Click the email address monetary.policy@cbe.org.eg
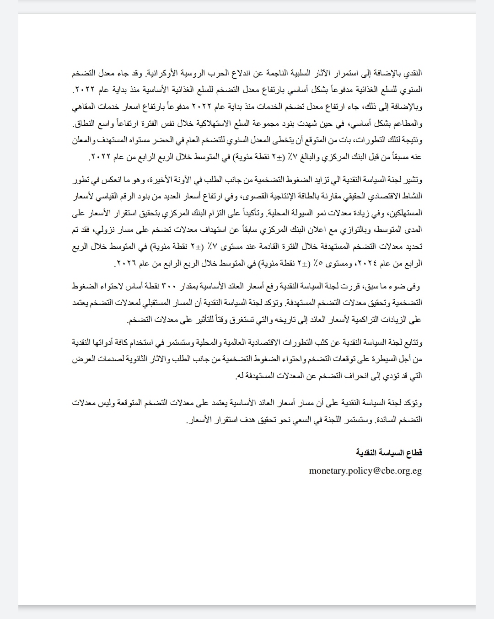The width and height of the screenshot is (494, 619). pos(365,470)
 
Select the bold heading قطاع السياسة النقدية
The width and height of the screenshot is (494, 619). pos(389,453)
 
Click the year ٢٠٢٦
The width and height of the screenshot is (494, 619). pos(127,263)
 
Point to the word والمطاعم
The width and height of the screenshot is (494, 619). pos(407,124)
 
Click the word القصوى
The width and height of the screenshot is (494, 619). pos(258,196)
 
